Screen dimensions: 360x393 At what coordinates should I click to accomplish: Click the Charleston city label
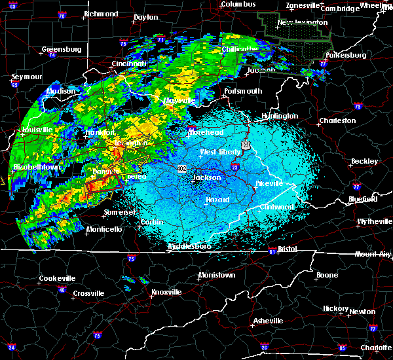click(x=337, y=120)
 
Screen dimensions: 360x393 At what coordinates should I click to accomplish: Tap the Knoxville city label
click(x=167, y=291)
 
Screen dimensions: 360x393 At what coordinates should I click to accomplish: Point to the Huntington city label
click(x=280, y=116)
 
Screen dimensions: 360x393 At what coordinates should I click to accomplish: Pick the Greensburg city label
click(x=61, y=49)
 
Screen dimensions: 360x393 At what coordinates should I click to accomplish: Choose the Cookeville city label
click(x=57, y=278)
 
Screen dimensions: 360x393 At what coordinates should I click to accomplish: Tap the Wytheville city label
click(x=375, y=221)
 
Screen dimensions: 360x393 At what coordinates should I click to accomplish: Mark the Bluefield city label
click(x=362, y=198)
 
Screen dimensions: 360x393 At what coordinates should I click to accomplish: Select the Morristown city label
click(x=216, y=275)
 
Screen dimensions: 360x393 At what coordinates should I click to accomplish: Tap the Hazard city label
click(x=217, y=199)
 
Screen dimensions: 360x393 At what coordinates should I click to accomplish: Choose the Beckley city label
click(x=364, y=161)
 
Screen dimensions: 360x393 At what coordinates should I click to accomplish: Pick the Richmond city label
click(x=101, y=14)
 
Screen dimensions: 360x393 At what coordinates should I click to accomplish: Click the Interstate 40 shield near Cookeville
click(x=62, y=289)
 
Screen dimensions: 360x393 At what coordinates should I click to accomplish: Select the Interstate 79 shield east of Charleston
click(x=358, y=106)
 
